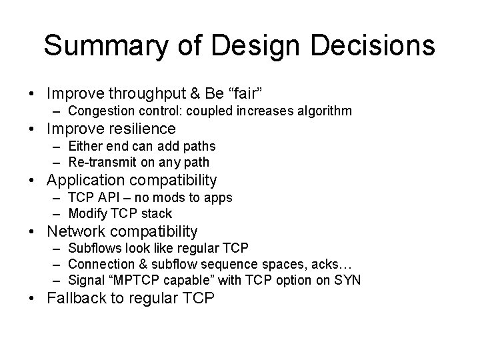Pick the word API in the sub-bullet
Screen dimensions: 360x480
[111, 198]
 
